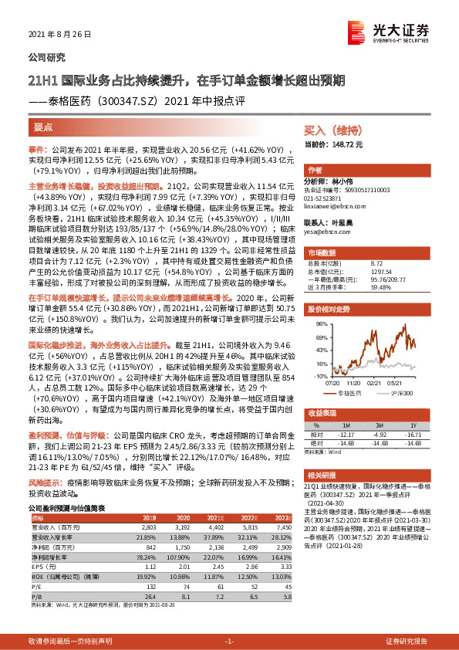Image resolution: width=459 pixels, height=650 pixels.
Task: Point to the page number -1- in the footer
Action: pos(229,642)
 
